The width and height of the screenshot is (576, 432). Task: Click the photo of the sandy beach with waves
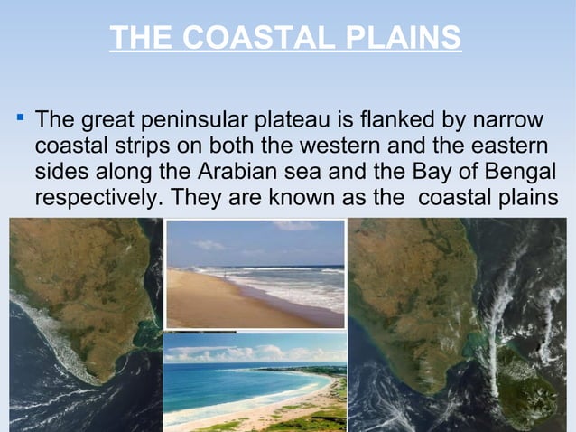(255, 274)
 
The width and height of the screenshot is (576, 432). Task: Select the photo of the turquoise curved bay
(255, 382)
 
